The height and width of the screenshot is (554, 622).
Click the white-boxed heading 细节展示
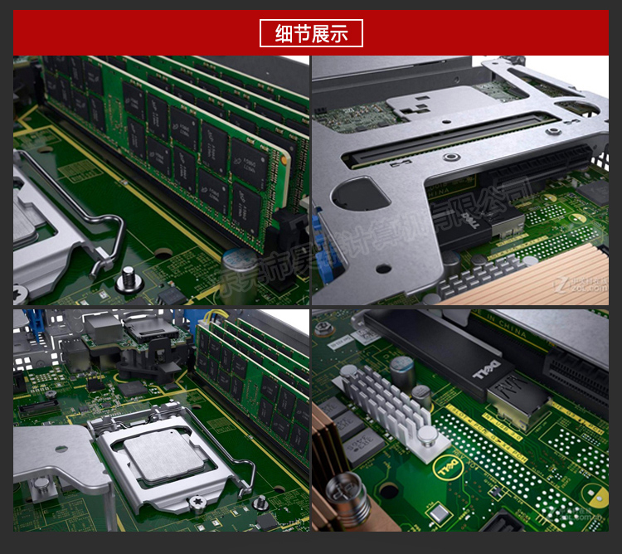pyautogui.click(x=311, y=34)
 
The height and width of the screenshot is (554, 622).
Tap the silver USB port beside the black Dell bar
pyautogui.click(x=517, y=406)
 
